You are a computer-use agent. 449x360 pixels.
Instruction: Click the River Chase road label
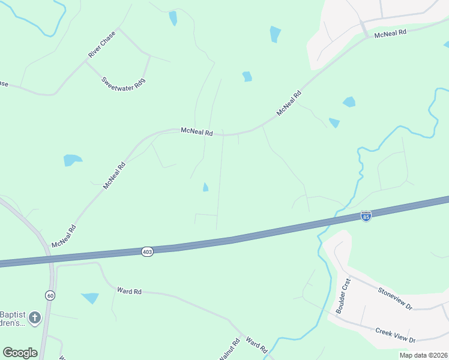(101, 44)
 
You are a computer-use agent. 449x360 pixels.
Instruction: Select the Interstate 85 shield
(366, 216)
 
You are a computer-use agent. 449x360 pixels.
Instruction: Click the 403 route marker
(148, 251)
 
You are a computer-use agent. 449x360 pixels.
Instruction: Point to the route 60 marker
(50, 295)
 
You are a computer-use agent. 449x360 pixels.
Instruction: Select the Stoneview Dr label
(395, 298)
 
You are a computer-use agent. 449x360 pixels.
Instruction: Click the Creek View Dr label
(395, 335)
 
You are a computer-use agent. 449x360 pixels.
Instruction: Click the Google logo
(20, 353)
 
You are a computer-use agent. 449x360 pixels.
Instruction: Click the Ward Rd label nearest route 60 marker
(129, 292)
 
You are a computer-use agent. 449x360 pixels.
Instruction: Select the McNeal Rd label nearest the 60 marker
(64, 236)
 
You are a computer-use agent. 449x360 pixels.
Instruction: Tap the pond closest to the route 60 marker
(90, 298)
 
